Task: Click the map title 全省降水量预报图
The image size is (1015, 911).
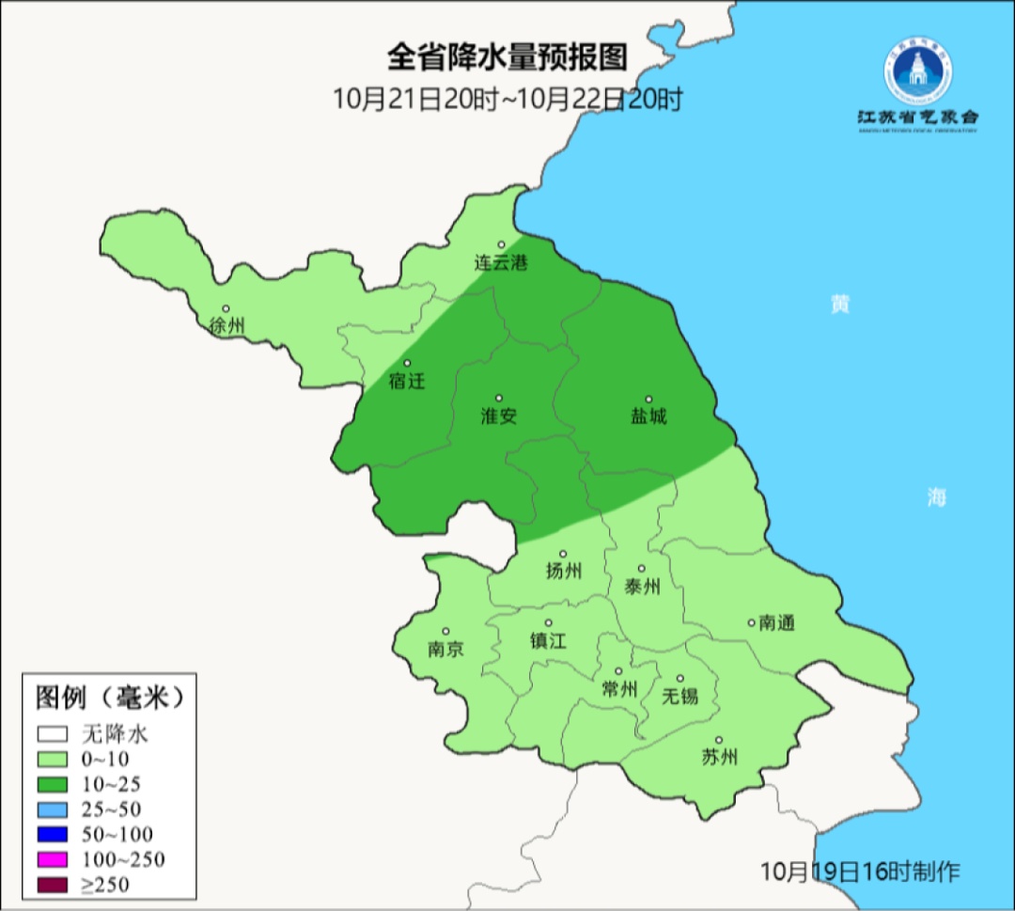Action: tap(507, 57)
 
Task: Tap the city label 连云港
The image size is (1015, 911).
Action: tap(500, 263)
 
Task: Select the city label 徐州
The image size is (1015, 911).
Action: tap(227, 326)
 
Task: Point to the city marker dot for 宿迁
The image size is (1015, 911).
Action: tap(407, 364)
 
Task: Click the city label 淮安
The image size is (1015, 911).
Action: tap(499, 416)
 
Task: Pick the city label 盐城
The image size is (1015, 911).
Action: tap(648, 416)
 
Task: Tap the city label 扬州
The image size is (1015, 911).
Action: tap(564, 571)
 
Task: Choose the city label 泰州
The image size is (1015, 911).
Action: tap(642, 587)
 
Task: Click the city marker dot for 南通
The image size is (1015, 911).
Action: tap(751, 621)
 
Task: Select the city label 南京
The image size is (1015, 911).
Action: tap(445, 650)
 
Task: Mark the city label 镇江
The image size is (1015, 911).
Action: tap(549, 640)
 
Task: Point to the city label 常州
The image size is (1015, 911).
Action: tap(619, 689)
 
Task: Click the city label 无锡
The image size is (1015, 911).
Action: tap(680, 696)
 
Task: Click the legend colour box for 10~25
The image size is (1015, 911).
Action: tap(54, 784)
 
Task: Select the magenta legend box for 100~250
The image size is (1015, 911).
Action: tap(54, 859)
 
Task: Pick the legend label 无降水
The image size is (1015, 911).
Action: tap(115, 733)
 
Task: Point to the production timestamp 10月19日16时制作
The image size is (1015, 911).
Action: tap(860, 872)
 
